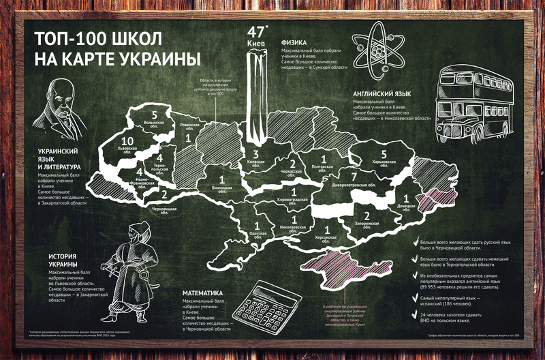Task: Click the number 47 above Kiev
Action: pyautogui.click(x=255, y=32)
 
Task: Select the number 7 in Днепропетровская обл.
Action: pyautogui.click(x=353, y=177)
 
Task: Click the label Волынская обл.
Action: pyautogui.click(x=155, y=125)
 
